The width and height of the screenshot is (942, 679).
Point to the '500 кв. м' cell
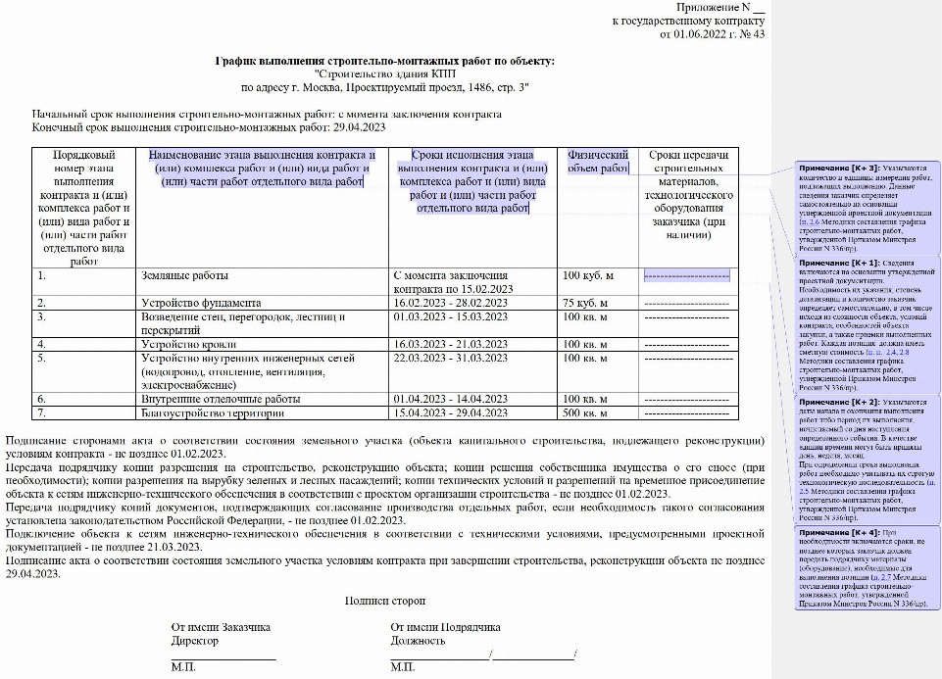coord(588,413)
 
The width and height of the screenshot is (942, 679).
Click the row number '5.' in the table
coord(42,359)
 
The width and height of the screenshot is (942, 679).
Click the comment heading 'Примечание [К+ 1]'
coord(839,264)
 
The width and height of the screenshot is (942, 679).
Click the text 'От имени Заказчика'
coord(220,627)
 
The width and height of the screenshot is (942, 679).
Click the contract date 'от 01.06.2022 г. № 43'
coord(712,34)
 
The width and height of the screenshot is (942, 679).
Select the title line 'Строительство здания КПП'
coord(385,74)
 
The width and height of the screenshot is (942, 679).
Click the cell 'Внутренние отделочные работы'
coord(218,400)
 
